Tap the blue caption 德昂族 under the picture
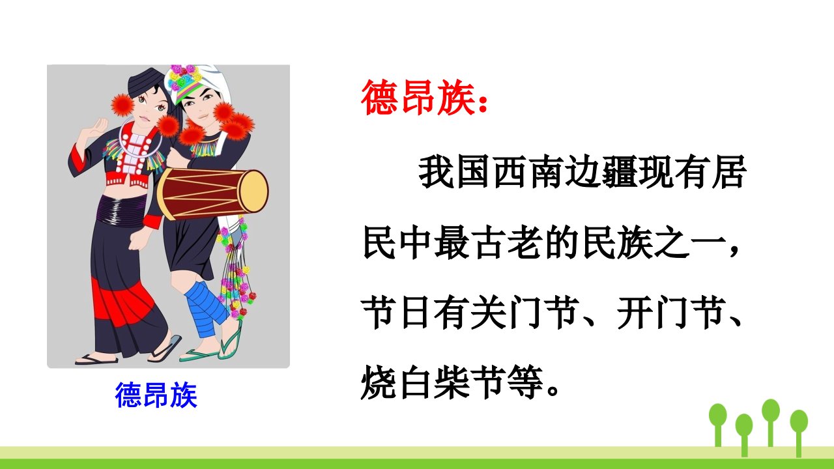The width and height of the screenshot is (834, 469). [156, 395]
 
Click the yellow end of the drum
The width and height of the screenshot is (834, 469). [253, 192]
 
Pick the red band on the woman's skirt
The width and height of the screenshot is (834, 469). [123, 302]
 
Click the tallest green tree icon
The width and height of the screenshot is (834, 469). [771, 423]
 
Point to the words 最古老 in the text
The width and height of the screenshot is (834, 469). [489, 244]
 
